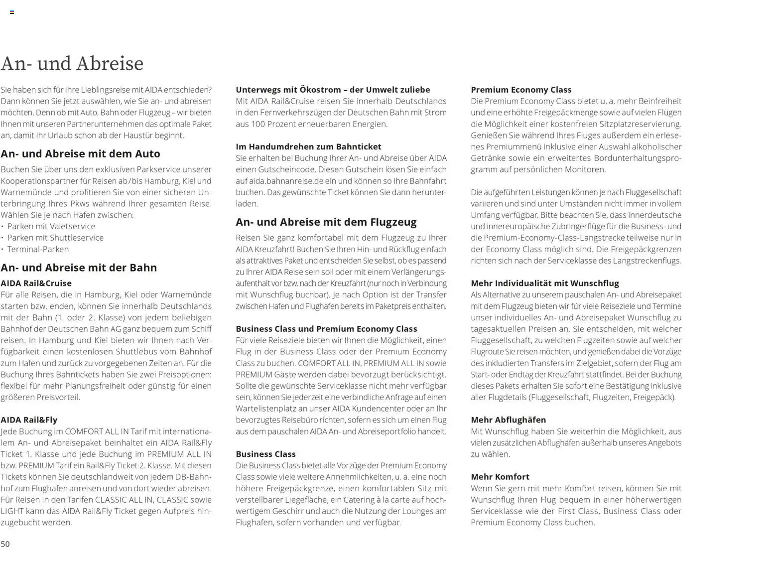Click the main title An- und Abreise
coord(72,64)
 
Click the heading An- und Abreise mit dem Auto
coord(80,153)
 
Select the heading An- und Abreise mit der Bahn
coord(79,268)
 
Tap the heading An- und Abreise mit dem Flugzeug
coord(326,222)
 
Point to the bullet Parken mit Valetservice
coord(51,226)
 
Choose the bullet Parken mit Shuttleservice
coord(55,238)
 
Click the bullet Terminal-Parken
coord(38,249)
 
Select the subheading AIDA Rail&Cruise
coord(36,283)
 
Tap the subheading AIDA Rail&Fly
coord(29,420)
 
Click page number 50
coord(5,544)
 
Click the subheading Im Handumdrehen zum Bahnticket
coord(308,146)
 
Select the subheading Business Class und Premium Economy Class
coord(326,329)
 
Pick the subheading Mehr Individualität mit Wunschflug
coord(545,283)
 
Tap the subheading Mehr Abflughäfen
coord(508,420)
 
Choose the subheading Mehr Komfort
coord(500,477)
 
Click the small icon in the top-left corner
coord(12,12)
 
